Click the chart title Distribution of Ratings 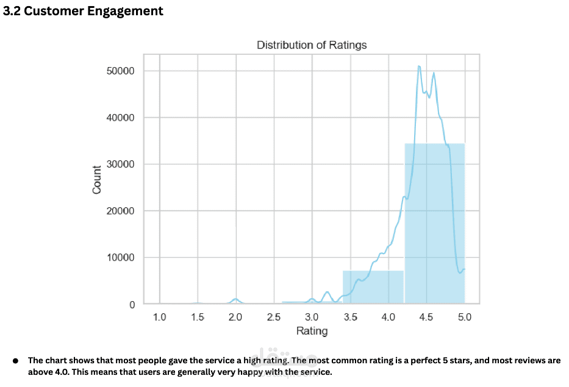click(311, 45)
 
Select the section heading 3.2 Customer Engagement click(84, 11)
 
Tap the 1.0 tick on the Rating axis click(159, 317)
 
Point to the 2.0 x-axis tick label click(235, 317)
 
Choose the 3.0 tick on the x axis click(312, 317)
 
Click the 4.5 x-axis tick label click(426, 317)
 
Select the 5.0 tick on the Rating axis click(465, 317)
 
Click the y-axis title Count click(97, 180)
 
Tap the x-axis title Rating click(312, 331)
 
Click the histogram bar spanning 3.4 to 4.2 click(373, 288)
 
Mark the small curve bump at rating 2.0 click(235, 299)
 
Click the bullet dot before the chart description click(16, 360)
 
